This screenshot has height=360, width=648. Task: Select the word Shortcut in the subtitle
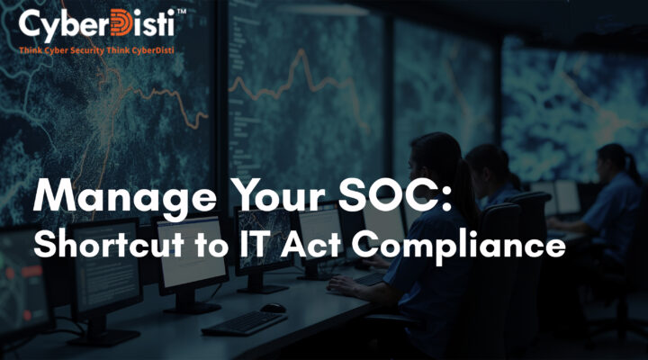[x=108, y=244]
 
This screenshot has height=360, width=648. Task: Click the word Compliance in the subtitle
[x=458, y=246]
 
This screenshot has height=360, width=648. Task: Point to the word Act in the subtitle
[x=312, y=245]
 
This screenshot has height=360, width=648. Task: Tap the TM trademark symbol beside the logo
[x=181, y=12]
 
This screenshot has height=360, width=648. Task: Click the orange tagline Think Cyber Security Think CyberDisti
[x=96, y=50]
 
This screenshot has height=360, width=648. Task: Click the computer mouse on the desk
[x=273, y=308]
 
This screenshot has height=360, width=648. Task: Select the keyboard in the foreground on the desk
[x=244, y=323]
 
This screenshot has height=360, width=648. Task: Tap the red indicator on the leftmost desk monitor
[x=31, y=271]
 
